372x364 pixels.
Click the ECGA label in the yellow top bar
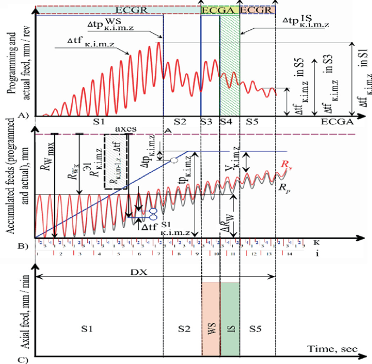click(219, 10)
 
